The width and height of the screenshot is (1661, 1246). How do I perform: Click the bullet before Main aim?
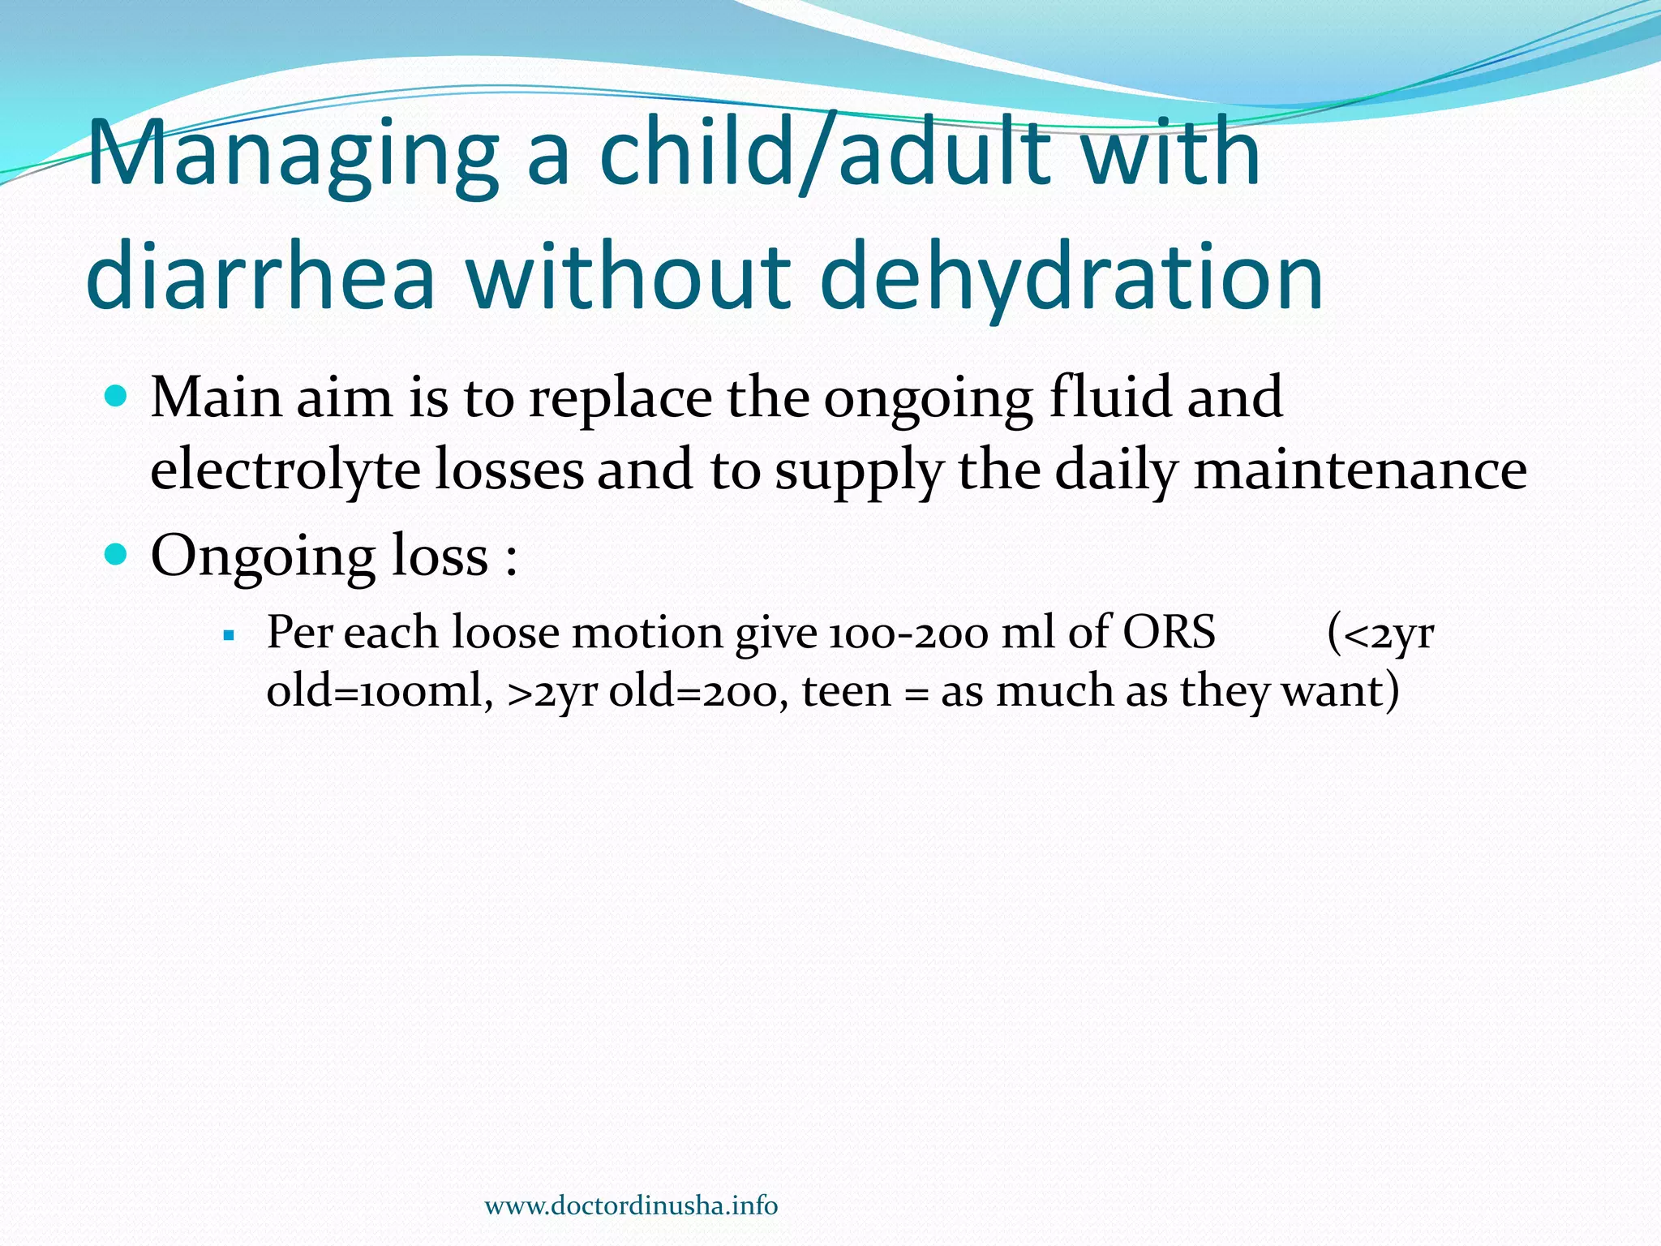(118, 397)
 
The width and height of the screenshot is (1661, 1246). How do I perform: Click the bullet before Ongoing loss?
(118, 555)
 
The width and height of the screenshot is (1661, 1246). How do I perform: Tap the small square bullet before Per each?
(229, 634)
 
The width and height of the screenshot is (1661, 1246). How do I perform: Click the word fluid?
(1109, 397)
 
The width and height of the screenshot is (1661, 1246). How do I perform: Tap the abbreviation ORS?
(1169, 632)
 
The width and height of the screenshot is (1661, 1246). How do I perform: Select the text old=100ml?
(380, 692)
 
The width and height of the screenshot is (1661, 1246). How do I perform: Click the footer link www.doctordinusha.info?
(631, 1205)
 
